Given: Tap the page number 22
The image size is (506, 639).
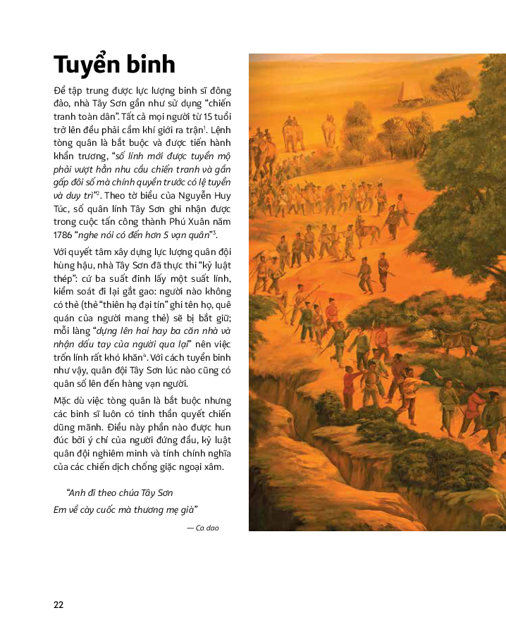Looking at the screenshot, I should tap(58, 604).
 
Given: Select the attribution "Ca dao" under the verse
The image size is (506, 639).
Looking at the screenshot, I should tap(206, 527).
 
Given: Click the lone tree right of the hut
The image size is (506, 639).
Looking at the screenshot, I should tap(451, 84).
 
